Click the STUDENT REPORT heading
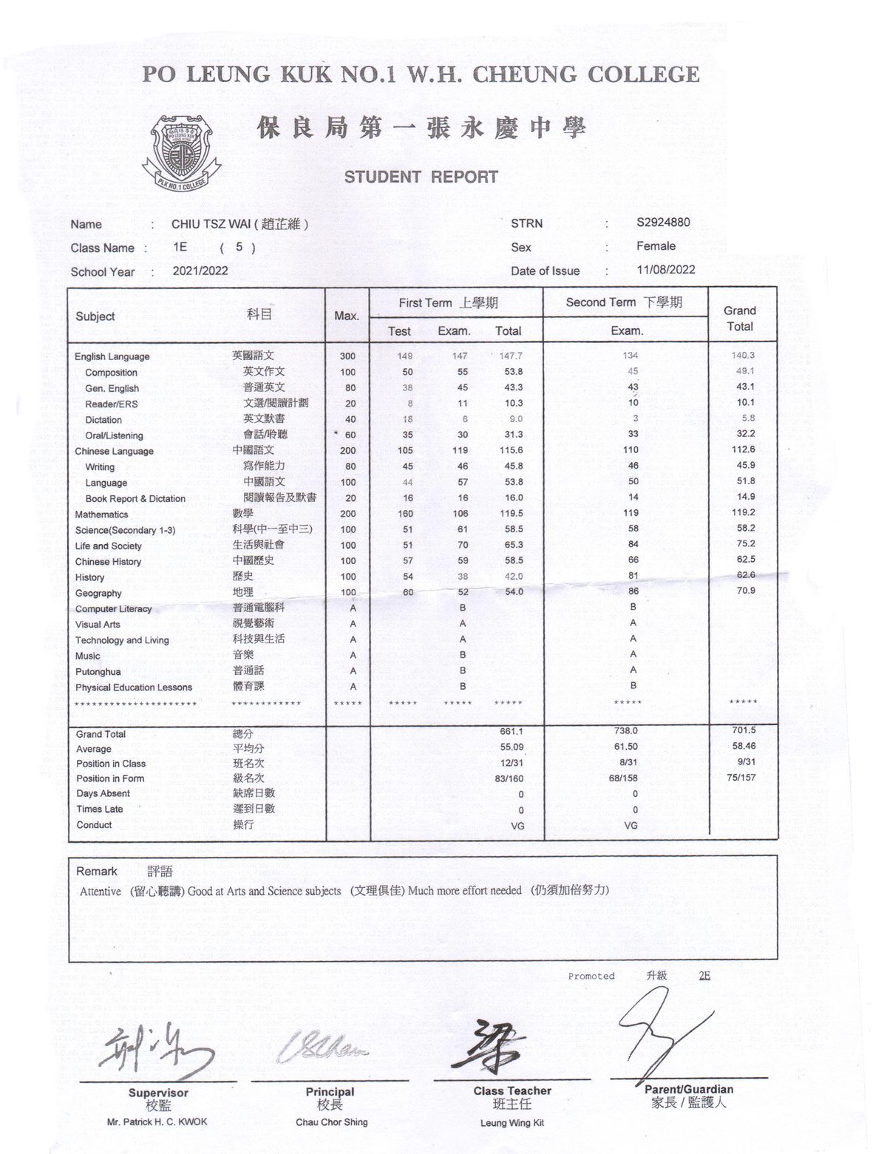tap(421, 177)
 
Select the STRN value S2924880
tap(663, 223)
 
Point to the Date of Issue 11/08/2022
tap(665, 270)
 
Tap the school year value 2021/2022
tap(200, 271)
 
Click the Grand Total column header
tap(739, 319)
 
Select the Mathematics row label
tap(101, 515)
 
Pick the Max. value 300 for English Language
tap(347, 356)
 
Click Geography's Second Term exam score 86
tap(633, 591)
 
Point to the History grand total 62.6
tap(746, 575)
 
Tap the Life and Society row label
tap(108, 546)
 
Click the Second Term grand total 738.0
tap(626, 730)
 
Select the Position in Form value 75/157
tap(741, 778)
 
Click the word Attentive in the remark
tap(101, 892)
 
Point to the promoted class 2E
tap(704, 976)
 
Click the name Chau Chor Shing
tap(331, 1122)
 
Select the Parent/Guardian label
tap(689, 1089)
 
